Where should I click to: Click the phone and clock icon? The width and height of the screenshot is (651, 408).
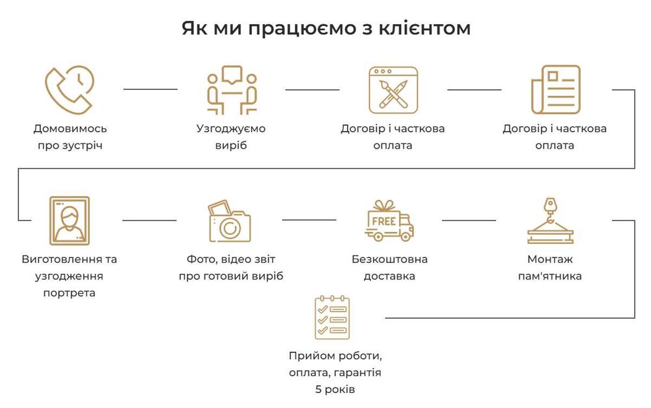click(x=69, y=90)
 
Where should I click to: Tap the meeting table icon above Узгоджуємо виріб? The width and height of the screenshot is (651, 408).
click(x=231, y=90)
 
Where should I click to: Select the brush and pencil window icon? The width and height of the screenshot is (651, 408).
click(x=393, y=90)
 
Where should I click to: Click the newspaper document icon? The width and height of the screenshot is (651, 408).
click(x=555, y=90)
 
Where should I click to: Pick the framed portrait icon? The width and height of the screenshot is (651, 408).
click(x=70, y=220)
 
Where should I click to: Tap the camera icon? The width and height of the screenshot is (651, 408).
click(x=230, y=222)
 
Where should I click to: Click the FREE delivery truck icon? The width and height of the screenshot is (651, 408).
click(x=389, y=220)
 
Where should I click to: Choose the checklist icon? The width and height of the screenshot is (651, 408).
click(x=332, y=317)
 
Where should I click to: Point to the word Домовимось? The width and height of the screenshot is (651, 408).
click(x=70, y=128)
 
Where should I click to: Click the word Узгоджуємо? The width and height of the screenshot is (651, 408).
click(x=231, y=128)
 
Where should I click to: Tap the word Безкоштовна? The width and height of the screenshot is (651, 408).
click(x=389, y=259)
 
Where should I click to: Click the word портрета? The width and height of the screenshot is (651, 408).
click(x=70, y=293)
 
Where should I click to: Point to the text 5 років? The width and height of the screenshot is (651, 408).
click(x=335, y=390)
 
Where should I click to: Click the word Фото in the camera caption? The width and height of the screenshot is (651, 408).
click(x=200, y=259)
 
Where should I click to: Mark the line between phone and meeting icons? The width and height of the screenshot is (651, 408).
click(x=150, y=89)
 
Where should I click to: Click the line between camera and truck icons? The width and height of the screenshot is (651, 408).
click(x=309, y=220)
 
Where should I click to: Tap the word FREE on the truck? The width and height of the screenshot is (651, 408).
click(x=383, y=221)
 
